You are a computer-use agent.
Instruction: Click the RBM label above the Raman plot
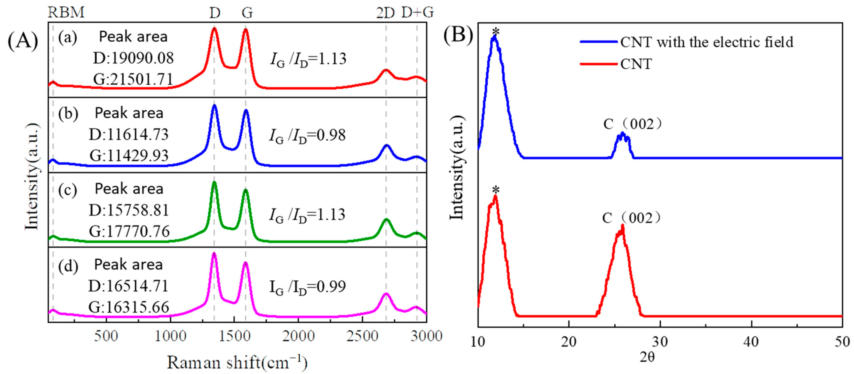tap(66, 12)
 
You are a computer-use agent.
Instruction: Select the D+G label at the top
tap(417, 12)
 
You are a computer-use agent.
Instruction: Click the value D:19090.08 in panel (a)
tap(133, 58)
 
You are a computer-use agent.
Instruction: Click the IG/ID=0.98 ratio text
tap(307, 135)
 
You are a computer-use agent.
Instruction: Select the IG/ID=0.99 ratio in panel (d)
tap(307, 287)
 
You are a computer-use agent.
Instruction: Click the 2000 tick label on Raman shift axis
tap(298, 336)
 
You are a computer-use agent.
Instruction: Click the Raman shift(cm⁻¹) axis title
tap(237, 362)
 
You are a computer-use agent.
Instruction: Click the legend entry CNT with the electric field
tap(706, 42)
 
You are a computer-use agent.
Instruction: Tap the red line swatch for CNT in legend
tap(598, 64)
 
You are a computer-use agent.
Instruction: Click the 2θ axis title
tap(647, 357)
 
